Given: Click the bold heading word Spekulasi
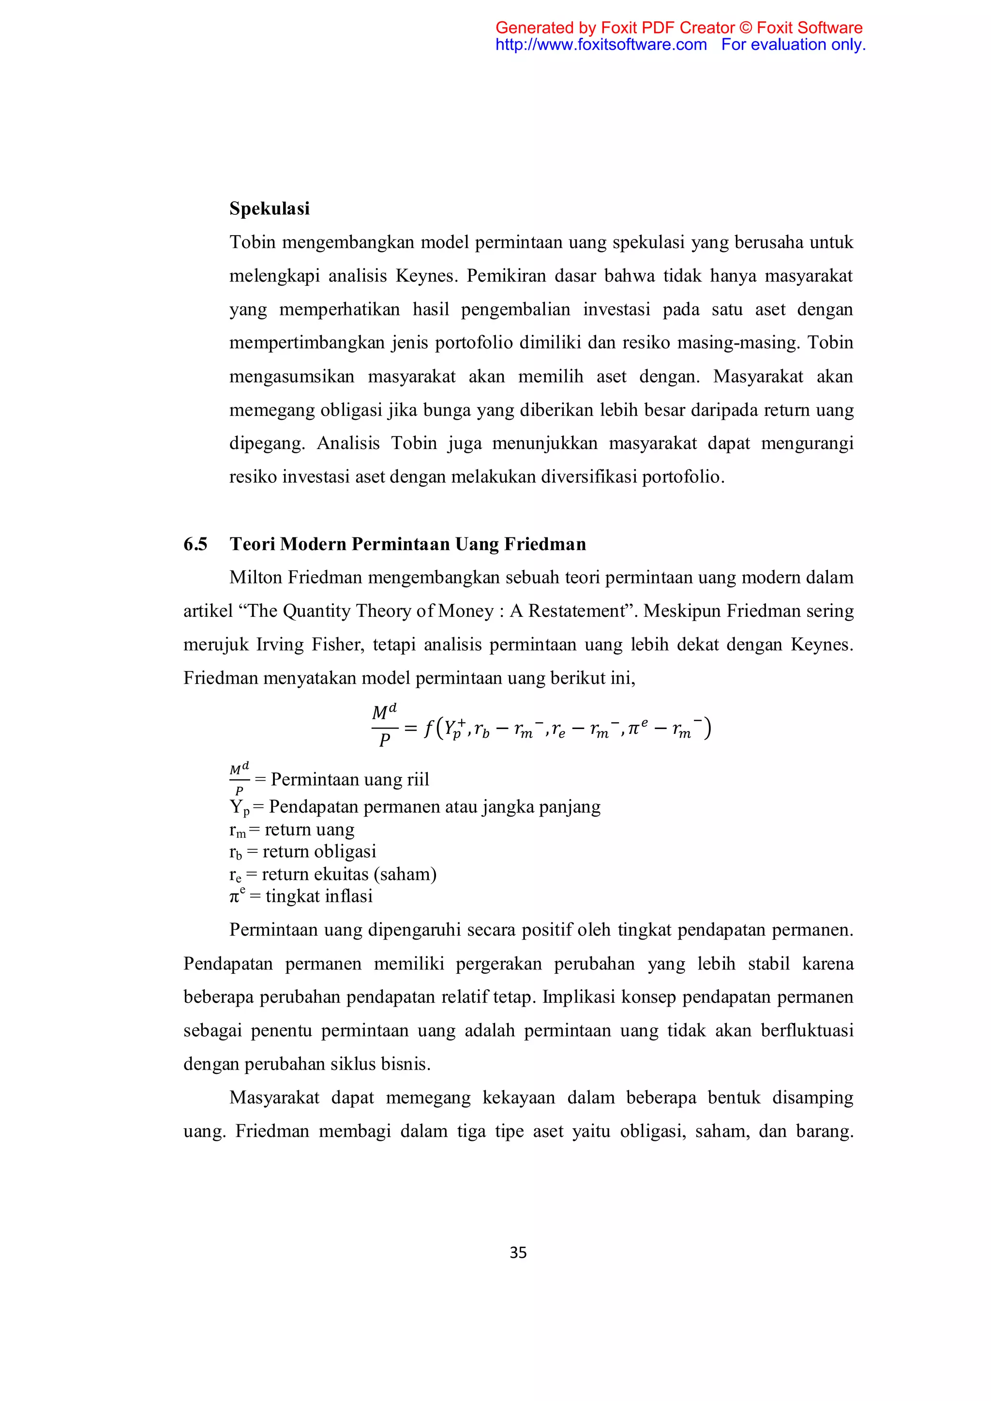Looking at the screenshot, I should pyautogui.click(x=269, y=209).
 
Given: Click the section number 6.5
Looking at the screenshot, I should pyautogui.click(x=195, y=544).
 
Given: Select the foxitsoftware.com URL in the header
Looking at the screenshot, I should pyautogui.click(x=601, y=45).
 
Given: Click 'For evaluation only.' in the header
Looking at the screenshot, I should pyautogui.click(x=793, y=45).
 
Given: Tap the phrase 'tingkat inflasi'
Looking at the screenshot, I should pyautogui.click(x=318, y=896).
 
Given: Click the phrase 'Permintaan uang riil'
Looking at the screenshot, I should pyautogui.click(x=350, y=779).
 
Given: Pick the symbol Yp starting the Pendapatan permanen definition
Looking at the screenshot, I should pyautogui.click(x=239, y=807).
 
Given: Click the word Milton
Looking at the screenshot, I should pyautogui.click(x=255, y=577).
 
